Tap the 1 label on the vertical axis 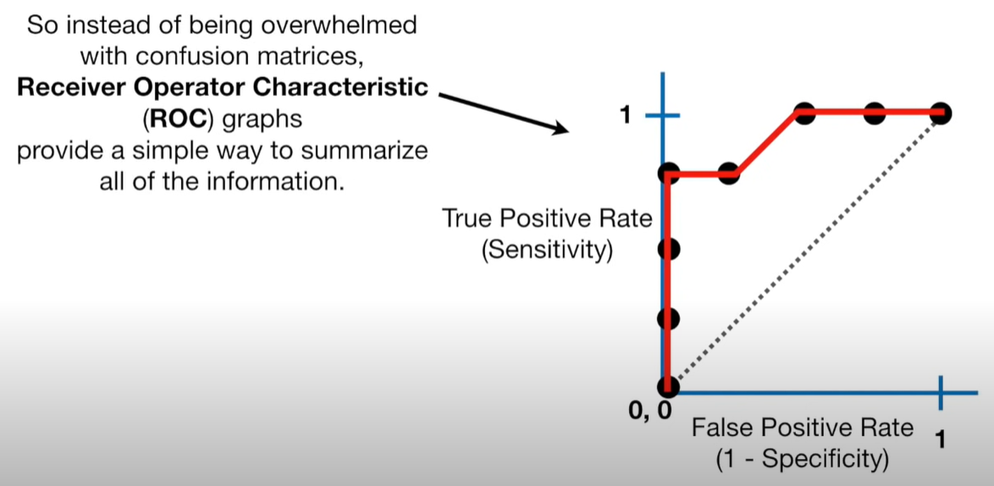tap(625, 115)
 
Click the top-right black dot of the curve tap(940, 113)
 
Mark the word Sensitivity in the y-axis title tap(547, 251)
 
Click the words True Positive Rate tap(547, 219)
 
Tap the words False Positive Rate tap(803, 428)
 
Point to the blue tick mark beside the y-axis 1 tap(663, 115)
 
